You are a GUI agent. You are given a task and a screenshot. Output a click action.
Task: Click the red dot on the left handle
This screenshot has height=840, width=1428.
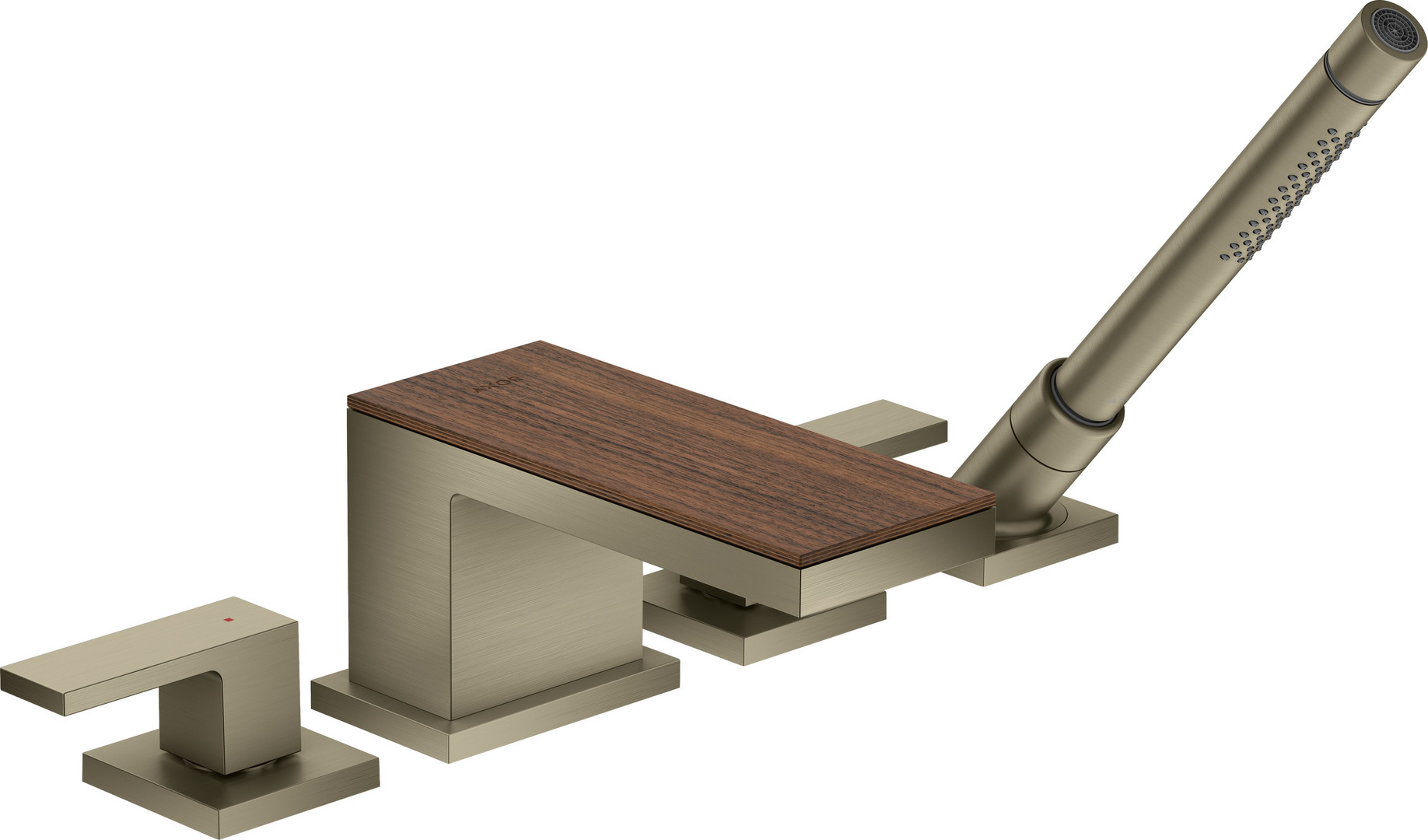point(227,620)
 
